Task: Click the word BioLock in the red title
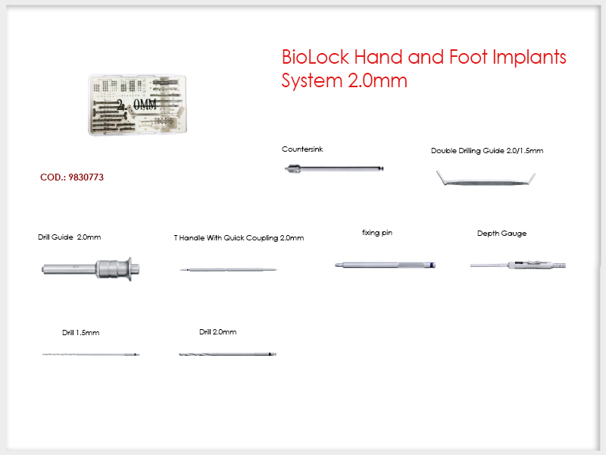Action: (x=315, y=58)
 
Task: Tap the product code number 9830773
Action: (x=86, y=177)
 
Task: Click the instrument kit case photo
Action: (x=138, y=105)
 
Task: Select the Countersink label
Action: (x=302, y=149)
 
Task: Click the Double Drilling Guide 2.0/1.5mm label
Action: (x=487, y=150)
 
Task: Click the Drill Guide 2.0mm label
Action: (x=69, y=237)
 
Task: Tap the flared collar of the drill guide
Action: (x=130, y=268)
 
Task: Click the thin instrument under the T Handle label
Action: (x=229, y=269)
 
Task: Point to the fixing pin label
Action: (x=377, y=233)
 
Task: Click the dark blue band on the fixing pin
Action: (x=433, y=265)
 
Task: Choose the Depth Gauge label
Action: (x=501, y=234)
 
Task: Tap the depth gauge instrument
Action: (x=518, y=265)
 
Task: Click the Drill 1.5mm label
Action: (x=81, y=333)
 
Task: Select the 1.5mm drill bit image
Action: (x=91, y=354)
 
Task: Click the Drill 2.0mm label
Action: (x=217, y=332)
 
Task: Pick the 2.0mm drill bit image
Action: (x=227, y=354)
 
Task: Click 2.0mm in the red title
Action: (x=377, y=81)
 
